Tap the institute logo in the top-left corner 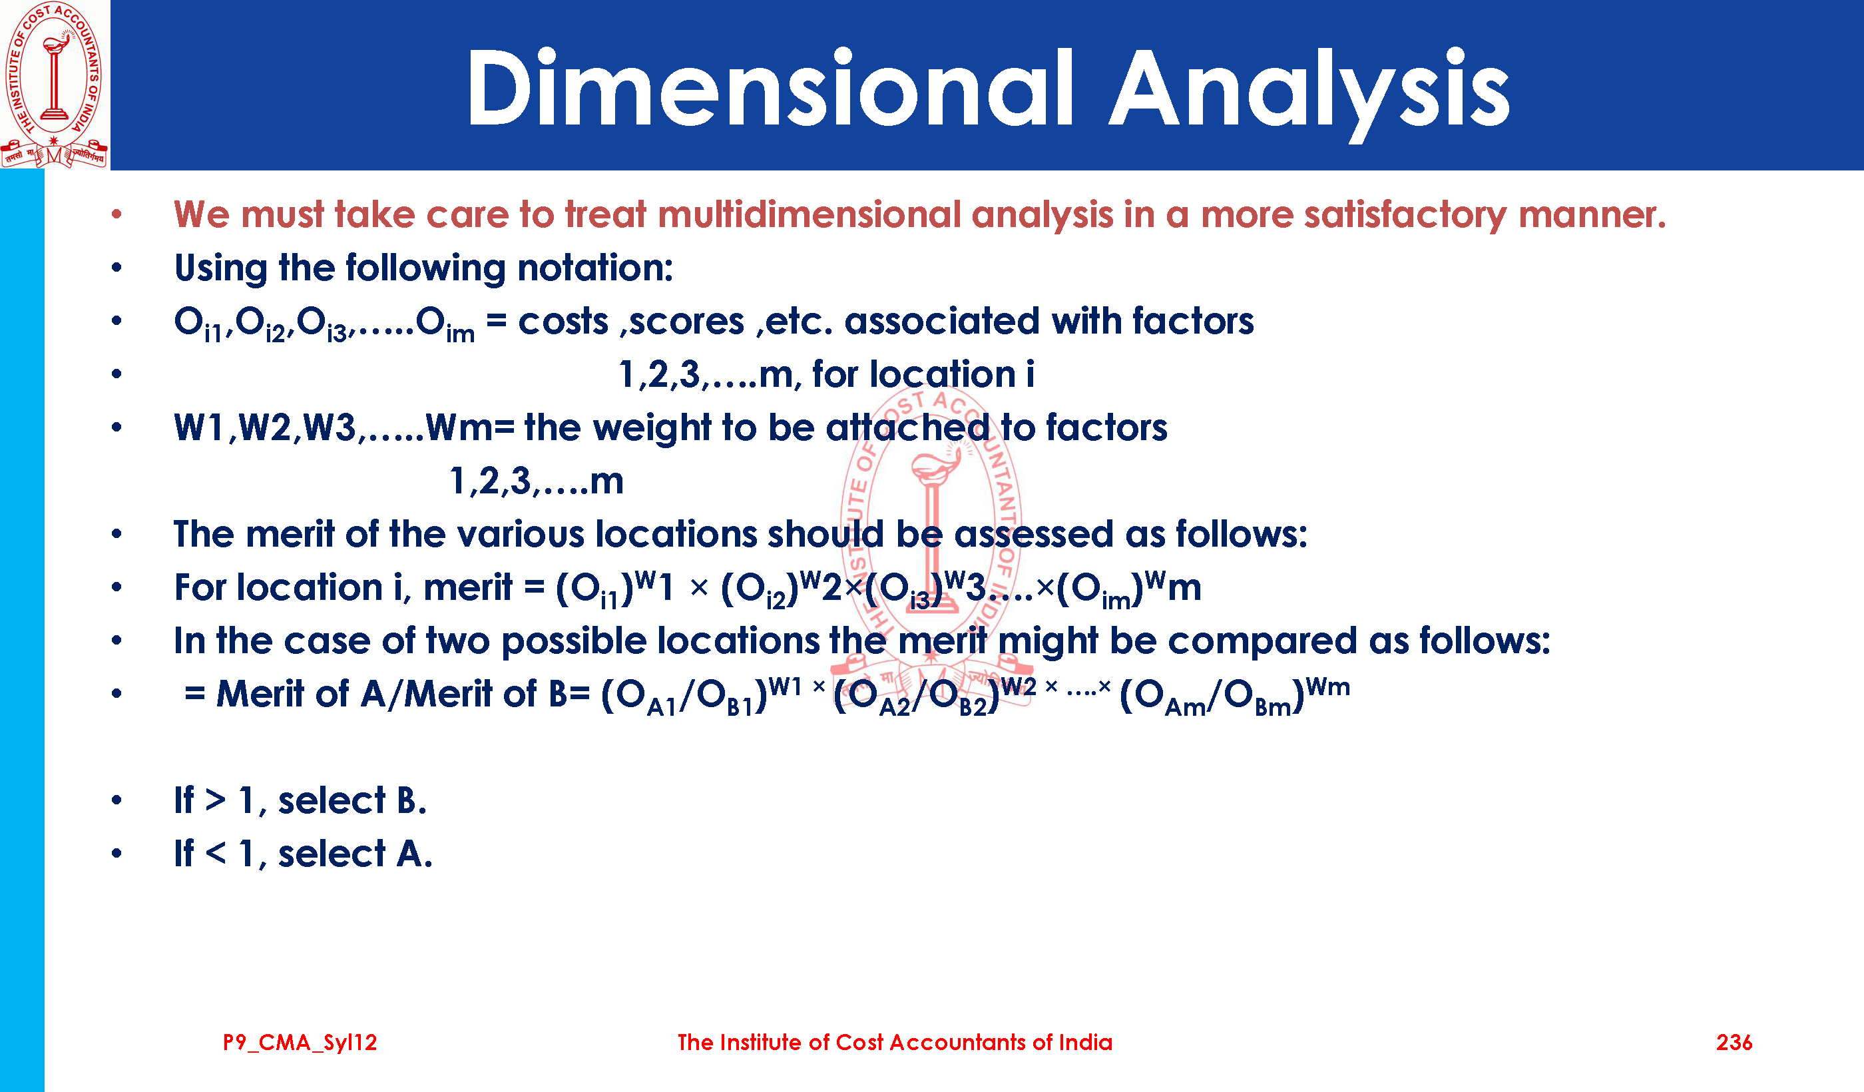pos(55,85)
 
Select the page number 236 pos(1734,1043)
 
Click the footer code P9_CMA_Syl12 pos(300,1043)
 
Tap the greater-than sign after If pos(215,800)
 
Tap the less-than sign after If pos(215,854)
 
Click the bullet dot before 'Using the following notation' pos(116,267)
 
